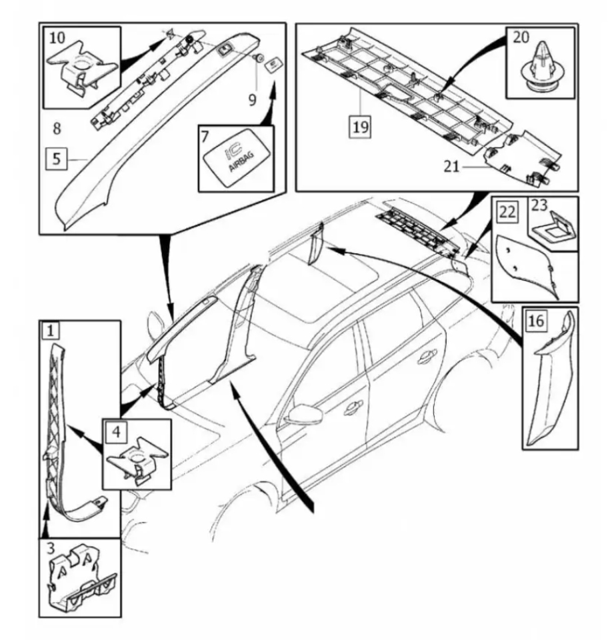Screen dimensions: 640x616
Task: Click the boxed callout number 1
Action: [x=52, y=330]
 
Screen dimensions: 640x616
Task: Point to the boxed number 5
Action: [x=58, y=159]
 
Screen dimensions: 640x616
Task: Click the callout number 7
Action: [x=205, y=137]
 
